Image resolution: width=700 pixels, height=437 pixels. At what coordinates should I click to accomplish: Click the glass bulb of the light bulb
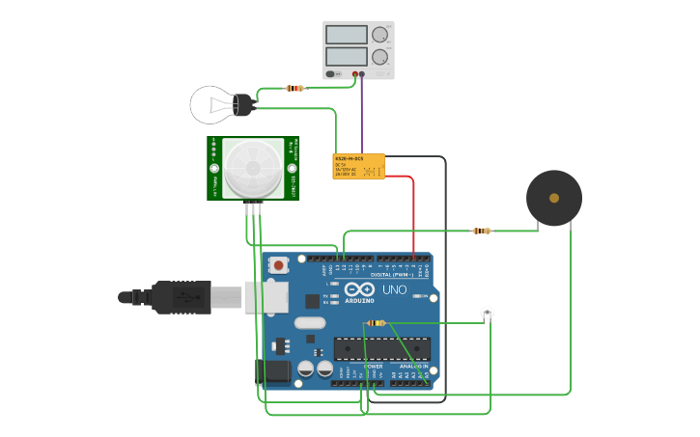tap(210, 104)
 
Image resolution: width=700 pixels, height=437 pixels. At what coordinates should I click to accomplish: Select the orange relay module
tap(358, 166)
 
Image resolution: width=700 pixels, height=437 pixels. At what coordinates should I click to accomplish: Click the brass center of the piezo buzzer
tap(554, 198)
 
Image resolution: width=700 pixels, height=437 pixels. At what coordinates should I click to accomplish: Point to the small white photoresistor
tap(488, 313)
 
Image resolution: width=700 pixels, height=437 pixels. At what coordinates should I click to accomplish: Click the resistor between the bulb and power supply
tap(294, 88)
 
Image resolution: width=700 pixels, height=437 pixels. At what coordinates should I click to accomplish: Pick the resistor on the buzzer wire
tap(481, 231)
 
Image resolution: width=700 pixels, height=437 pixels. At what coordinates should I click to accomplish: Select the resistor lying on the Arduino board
tap(376, 323)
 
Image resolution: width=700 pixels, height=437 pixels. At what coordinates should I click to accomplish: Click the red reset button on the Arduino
tap(279, 264)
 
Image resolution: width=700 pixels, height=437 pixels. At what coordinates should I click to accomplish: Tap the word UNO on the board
tap(395, 289)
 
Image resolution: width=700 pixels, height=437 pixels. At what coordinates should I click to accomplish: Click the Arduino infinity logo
tap(359, 289)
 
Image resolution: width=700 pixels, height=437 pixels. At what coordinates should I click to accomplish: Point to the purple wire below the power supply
tap(362, 111)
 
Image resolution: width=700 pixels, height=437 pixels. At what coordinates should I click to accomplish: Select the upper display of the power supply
tap(347, 35)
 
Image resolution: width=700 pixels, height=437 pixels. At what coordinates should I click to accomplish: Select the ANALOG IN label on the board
tap(413, 366)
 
